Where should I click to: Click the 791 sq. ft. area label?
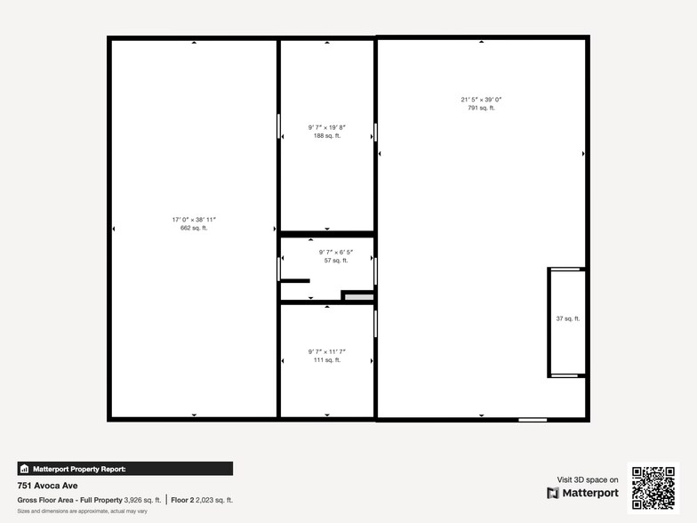481,108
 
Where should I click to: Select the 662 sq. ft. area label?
194,229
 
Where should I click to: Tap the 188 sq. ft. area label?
326,136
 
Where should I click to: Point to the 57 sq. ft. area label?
335,261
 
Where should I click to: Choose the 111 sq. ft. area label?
326,360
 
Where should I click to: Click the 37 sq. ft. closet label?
568,318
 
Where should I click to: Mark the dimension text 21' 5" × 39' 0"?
481,99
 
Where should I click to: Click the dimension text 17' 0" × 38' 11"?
194,220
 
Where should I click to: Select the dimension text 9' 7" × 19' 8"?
326,127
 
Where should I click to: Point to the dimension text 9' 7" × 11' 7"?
326,351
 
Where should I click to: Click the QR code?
653,487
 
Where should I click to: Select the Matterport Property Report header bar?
124,468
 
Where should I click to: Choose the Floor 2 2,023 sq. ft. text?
202,500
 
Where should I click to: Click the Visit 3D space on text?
588,479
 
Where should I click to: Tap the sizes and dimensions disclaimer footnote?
82,511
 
